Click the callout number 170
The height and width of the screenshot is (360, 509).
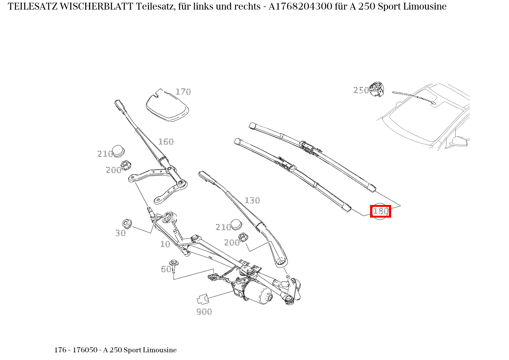tap(183, 92)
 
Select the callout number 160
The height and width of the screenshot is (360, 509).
tap(166, 142)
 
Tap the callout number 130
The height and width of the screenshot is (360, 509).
tap(252, 200)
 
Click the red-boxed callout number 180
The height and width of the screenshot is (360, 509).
tap(380, 211)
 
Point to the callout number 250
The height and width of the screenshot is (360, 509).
tap(361, 90)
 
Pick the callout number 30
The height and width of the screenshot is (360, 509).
tap(121, 233)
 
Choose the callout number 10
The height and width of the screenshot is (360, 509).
tap(165, 244)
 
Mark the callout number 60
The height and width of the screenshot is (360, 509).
tap(166, 269)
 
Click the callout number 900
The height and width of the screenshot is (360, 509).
tap(204, 312)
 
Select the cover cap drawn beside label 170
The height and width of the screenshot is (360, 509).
tap(167, 106)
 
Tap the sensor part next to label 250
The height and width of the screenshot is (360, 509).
tap(377, 89)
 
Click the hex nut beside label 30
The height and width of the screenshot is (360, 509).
tap(127, 223)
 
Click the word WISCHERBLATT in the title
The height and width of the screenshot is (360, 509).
tap(97, 7)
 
